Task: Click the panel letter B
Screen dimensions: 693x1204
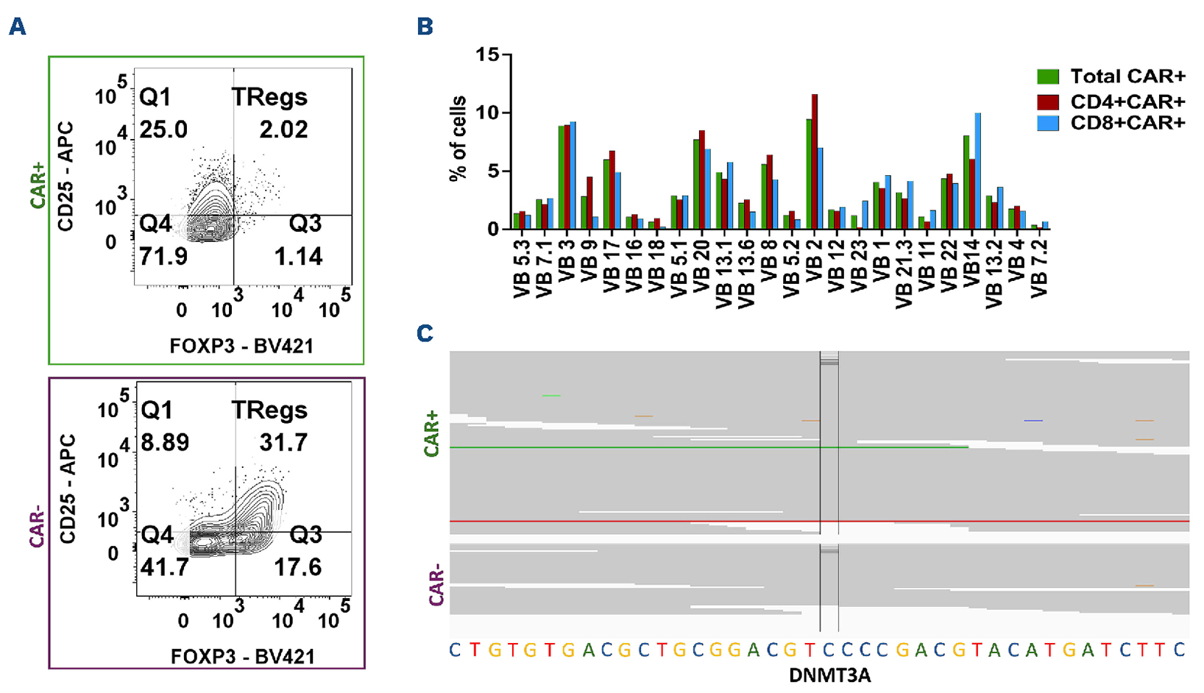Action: [425, 26]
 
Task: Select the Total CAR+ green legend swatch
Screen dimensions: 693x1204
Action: [1047, 77]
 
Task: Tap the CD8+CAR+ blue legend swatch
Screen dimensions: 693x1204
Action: [1047, 123]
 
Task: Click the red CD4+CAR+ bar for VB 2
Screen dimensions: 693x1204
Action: [814, 162]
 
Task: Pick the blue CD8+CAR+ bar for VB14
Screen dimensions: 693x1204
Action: [978, 171]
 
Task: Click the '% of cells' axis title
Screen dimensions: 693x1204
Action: [458, 138]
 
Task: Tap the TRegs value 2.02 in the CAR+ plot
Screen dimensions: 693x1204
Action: [283, 129]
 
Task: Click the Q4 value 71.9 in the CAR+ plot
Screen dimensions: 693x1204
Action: [163, 256]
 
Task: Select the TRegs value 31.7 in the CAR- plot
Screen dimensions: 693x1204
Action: [283, 442]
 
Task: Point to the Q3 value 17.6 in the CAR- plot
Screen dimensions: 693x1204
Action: [298, 567]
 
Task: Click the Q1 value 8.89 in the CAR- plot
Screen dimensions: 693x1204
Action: [165, 442]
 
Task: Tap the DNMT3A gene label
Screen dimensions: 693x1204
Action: [829, 675]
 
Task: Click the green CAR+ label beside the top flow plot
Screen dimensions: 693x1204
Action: [38, 186]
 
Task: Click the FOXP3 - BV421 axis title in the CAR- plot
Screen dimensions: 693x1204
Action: [243, 656]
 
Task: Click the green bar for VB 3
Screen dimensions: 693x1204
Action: [562, 177]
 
